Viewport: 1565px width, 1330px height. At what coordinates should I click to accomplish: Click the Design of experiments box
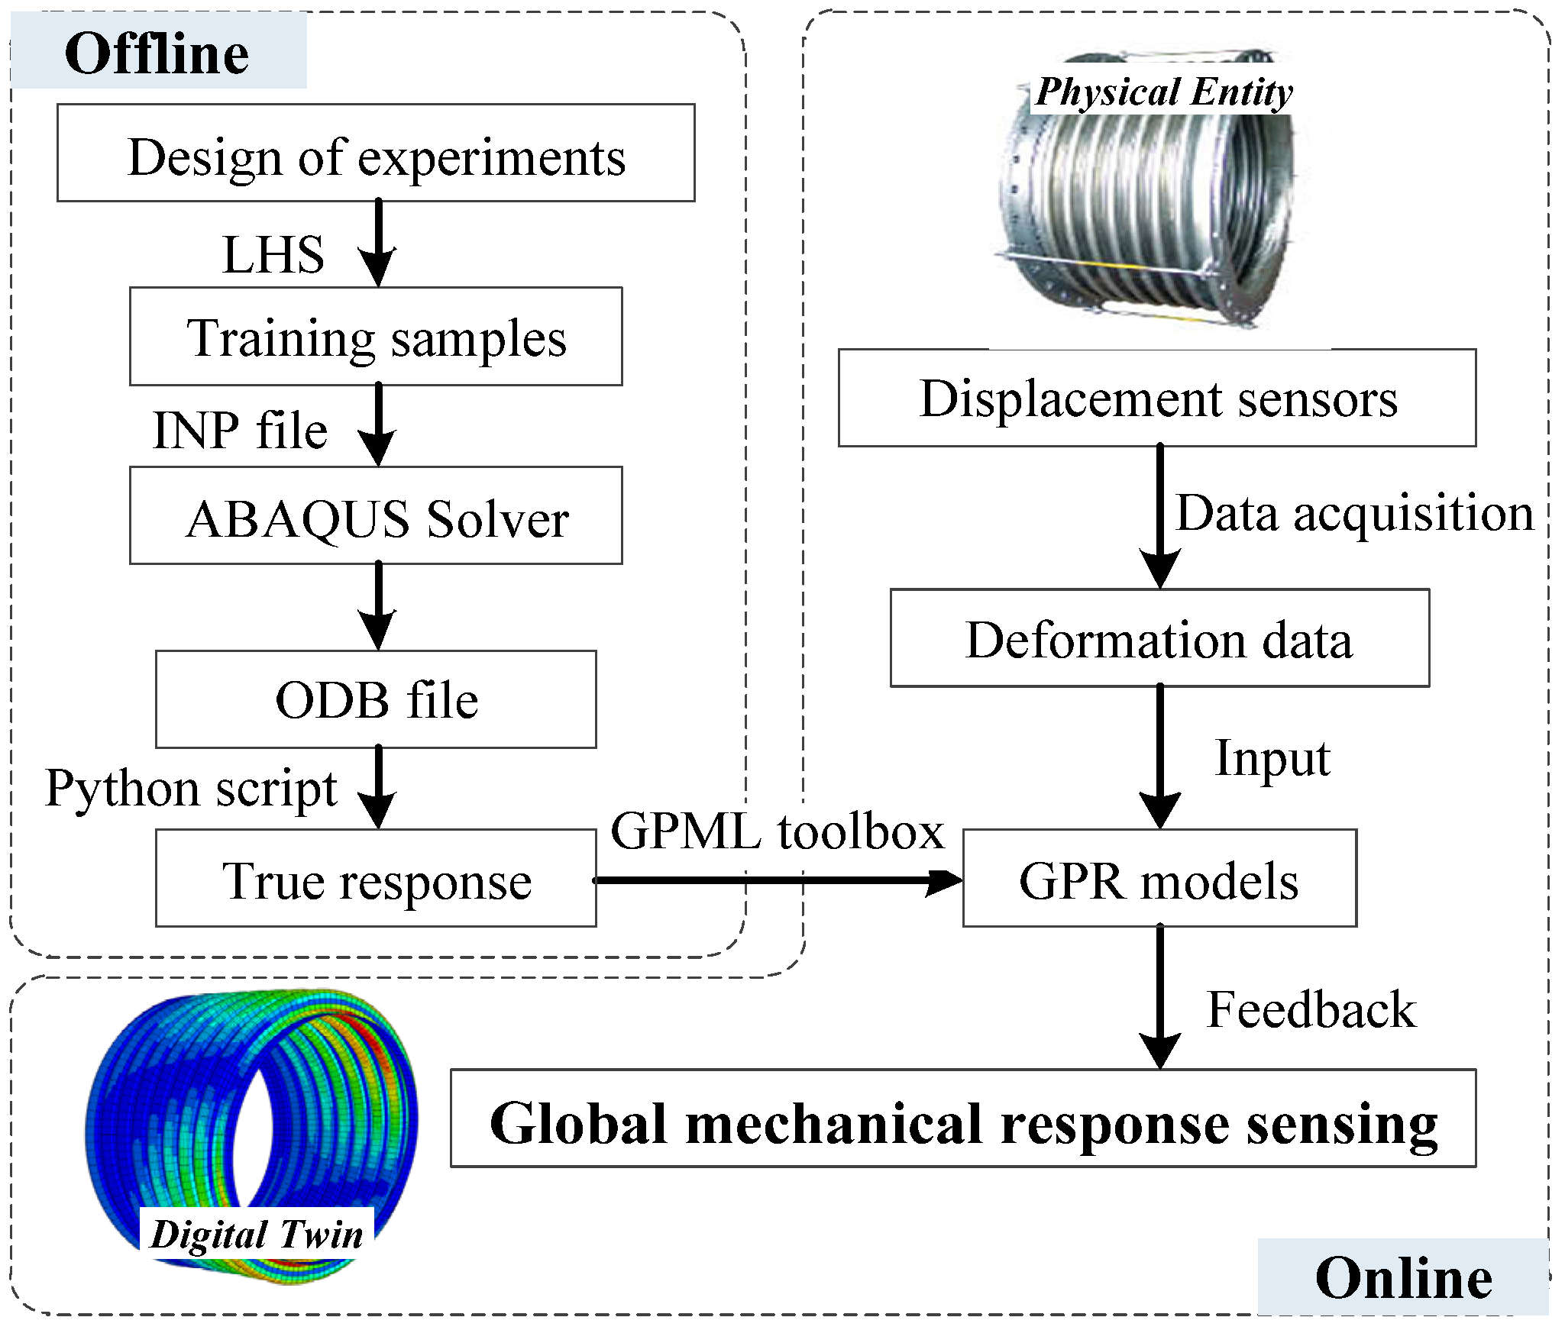(x=376, y=153)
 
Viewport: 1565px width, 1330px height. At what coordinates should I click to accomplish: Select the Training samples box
(x=376, y=337)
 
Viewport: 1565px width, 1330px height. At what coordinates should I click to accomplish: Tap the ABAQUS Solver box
(x=376, y=516)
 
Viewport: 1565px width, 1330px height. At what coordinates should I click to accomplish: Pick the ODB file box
(x=376, y=699)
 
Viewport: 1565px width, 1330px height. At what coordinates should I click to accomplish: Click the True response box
(x=376, y=879)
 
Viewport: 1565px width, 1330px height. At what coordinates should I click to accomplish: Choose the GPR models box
(x=1159, y=879)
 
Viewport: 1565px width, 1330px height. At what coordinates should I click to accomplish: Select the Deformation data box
(x=1159, y=638)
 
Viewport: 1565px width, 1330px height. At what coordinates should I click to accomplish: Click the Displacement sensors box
(x=1157, y=398)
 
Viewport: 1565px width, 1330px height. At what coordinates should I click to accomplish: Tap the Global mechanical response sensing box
(x=962, y=1119)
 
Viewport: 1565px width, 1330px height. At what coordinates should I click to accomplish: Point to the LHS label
(x=273, y=254)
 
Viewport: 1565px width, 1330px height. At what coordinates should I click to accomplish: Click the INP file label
(x=240, y=430)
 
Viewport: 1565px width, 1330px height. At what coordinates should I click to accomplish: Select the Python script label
(x=191, y=788)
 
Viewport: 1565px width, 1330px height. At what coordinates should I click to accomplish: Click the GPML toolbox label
(x=778, y=831)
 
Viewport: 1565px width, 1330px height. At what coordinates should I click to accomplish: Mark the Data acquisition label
(x=1354, y=513)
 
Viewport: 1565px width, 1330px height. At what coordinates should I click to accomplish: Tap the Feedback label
(x=1311, y=1009)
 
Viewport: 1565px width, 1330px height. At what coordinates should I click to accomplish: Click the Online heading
(x=1403, y=1278)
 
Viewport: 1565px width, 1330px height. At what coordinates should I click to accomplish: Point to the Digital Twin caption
(x=257, y=1234)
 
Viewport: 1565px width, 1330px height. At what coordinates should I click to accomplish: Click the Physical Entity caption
(x=1163, y=92)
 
